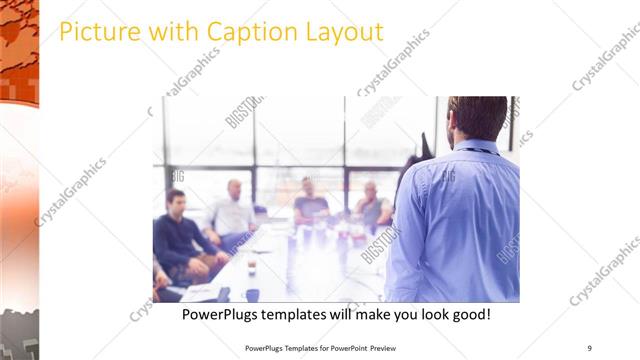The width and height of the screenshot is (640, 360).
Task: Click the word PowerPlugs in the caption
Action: (x=223, y=314)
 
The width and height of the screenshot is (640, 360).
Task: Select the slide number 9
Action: (x=589, y=348)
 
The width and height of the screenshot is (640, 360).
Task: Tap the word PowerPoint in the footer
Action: (x=346, y=348)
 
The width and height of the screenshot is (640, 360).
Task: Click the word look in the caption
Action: (x=425, y=314)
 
